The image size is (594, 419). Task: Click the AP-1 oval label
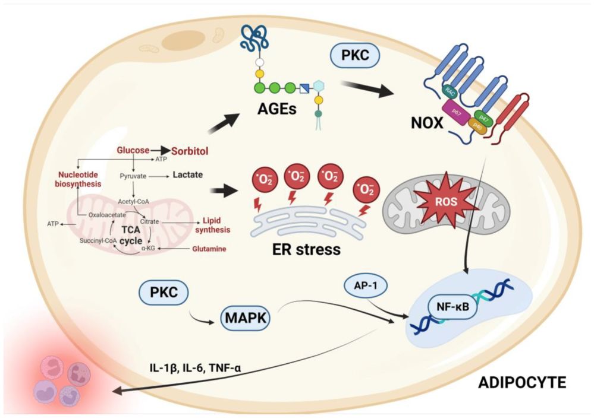pyautogui.click(x=364, y=286)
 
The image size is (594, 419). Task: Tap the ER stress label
pyautogui.click(x=307, y=249)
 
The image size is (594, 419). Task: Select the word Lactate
pyautogui.click(x=188, y=175)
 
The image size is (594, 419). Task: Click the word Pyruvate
pyautogui.click(x=134, y=176)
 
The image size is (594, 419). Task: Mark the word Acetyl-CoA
pyautogui.click(x=135, y=201)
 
